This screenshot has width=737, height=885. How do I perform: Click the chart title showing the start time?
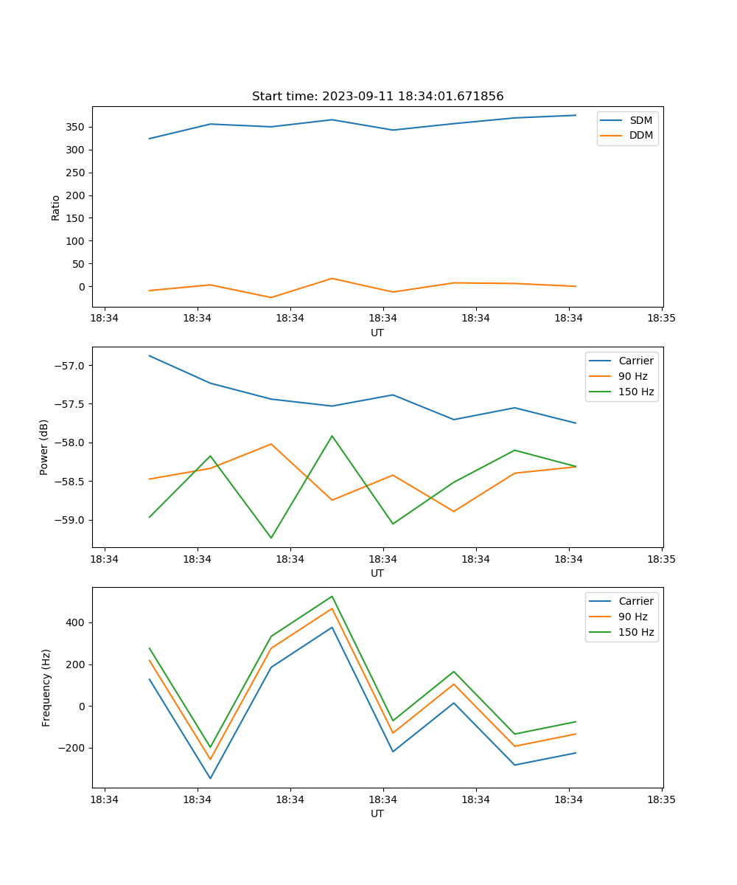coord(377,97)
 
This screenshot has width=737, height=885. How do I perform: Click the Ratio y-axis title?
coord(56,207)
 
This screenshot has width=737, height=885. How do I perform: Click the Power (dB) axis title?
coord(44,447)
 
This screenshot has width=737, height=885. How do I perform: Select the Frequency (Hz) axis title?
coord(46,687)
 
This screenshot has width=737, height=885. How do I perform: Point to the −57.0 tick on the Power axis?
coord(69,366)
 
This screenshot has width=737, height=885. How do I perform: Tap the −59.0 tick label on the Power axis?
coord(69,520)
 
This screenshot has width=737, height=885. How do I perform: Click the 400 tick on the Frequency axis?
coord(76,622)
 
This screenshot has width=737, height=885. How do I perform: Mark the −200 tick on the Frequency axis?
coord(72,748)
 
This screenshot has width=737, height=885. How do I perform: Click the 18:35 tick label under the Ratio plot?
coord(661,319)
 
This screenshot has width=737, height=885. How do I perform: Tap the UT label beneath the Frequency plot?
coord(377,813)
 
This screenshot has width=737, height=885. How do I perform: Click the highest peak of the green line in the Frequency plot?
coord(332,596)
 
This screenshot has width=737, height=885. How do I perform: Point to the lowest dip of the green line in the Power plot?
coord(271,538)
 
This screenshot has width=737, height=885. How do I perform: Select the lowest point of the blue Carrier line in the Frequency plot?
coord(210,778)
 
